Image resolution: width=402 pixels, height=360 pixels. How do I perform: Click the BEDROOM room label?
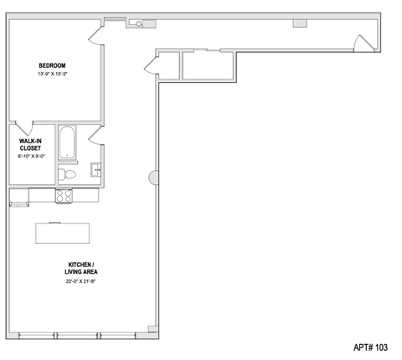tap(52, 65)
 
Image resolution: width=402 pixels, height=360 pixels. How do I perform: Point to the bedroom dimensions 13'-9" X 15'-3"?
tap(52, 75)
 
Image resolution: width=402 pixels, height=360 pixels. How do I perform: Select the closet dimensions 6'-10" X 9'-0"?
tap(30, 157)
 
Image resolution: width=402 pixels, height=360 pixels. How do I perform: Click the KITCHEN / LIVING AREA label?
tap(80, 268)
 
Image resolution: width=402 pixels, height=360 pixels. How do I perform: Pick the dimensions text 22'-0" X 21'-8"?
tap(80, 281)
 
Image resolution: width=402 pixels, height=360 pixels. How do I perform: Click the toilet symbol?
tap(67, 174)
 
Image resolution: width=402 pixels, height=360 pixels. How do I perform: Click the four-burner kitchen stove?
tap(64, 196)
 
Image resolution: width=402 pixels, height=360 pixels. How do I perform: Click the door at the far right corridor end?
tap(360, 43)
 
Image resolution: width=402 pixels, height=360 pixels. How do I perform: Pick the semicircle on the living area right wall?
tap(152, 177)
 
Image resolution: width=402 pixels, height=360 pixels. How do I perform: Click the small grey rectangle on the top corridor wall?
tap(300, 23)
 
